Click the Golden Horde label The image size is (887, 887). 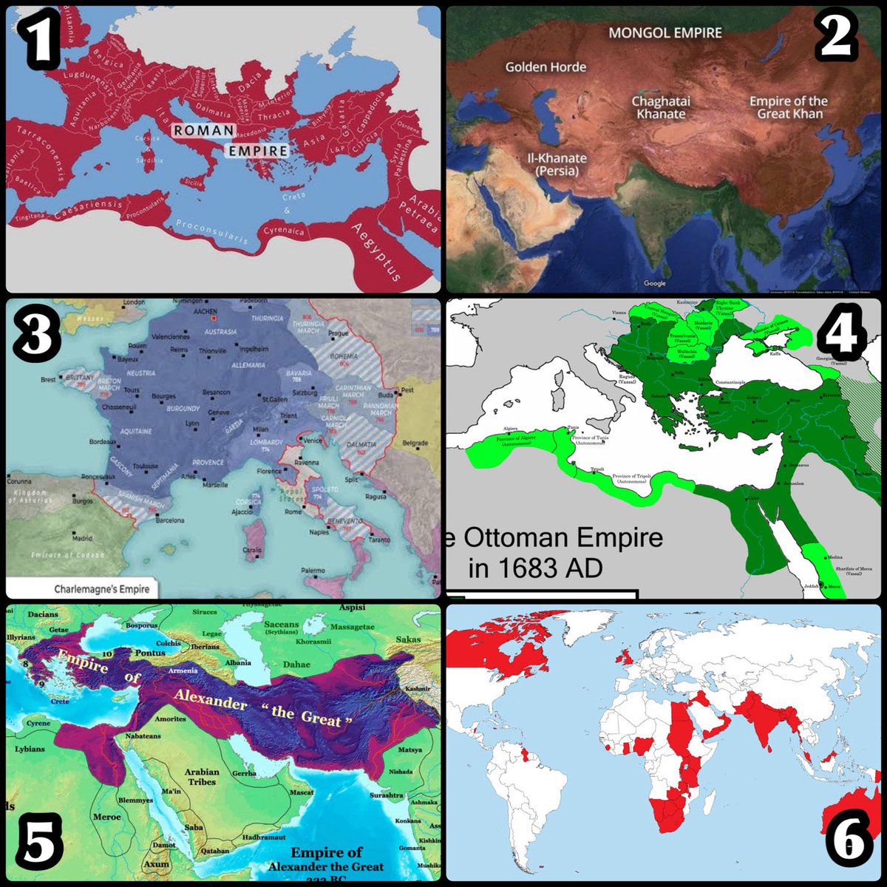pyautogui.click(x=546, y=67)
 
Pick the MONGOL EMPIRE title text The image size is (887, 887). pyautogui.click(x=665, y=33)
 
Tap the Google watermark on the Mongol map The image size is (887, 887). pyautogui.click(x=654, y=283)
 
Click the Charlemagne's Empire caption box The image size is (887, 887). pyautogui.click(x=101, y=589)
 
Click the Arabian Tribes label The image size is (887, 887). pyautogui.click(x=201, y=777)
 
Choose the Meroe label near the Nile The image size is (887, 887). pyautogui.click(x=106, y=817)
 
